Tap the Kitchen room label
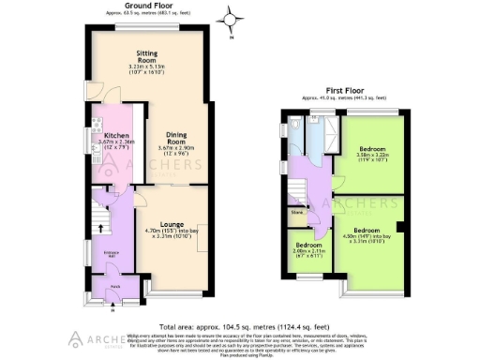pos(116,135)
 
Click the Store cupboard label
pos(297,214)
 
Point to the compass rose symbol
pos(230,17)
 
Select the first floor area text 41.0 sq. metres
pos(345,97)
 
